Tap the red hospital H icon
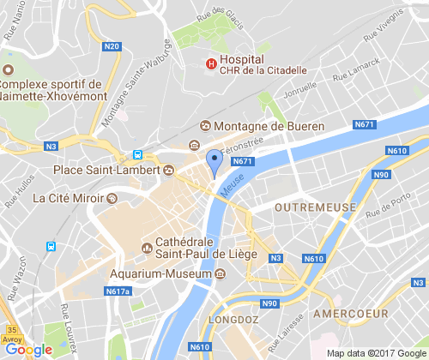click(x=210, y=63)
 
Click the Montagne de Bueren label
click(x=268, y=126)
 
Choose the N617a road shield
click(x=118, y=292)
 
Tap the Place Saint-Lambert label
click(x=106, y=170)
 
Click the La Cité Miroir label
click(x=69, y=197)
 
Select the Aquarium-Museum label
click(x=160, y=274)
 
